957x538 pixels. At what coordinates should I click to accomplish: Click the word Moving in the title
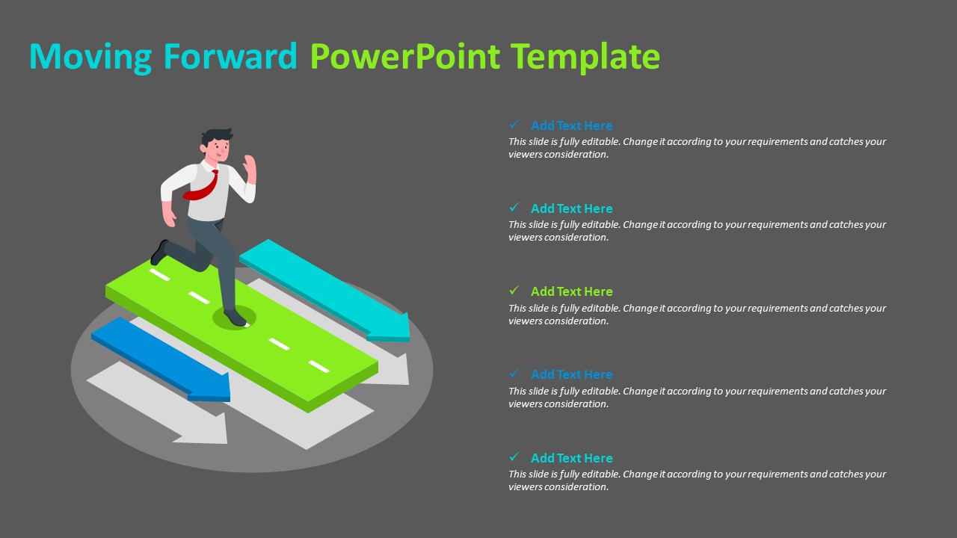pyautogui.click(x=90, y=57)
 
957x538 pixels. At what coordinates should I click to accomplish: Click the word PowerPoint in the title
pyautogui.click(x=404, y=57)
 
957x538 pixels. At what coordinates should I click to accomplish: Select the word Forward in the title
pyautogui.click(x=230, y=57)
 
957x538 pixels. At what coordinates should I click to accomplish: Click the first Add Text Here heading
pyautogui.click(x=571, y=126)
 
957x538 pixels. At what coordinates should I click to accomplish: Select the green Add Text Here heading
pyautogui.click(x=571, y=291)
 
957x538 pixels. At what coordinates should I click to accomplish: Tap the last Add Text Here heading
pyautogui.click(x=571, y=458)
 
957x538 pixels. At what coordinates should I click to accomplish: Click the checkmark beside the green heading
pyautogui.click(x=514, y=291)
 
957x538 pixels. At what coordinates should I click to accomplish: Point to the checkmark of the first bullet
pyautogui.click(x=514, y=125)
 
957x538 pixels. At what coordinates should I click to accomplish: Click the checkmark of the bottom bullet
pyautogui.click(x=514, y=457)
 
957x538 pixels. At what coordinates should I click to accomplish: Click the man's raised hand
pyautogui.click(x=250, y=166)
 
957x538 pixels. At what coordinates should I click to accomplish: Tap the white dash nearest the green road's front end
pyautogui.click(x=319, y=366)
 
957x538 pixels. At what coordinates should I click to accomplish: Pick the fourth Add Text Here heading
pyautogui.click(x=571, y=374)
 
